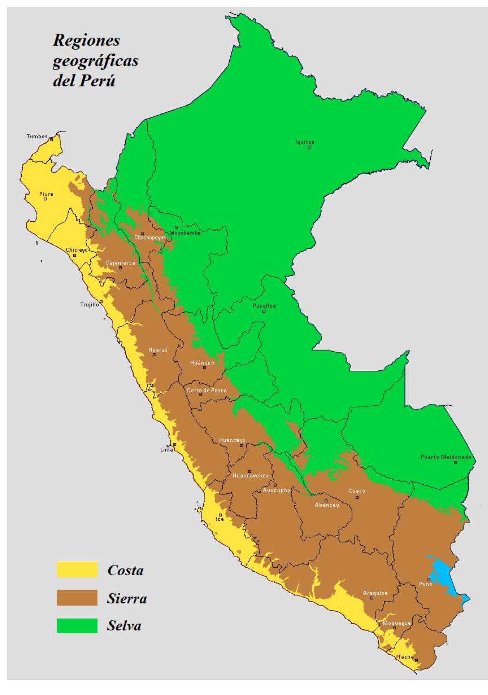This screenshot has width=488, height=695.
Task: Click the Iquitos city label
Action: click(x=304, y=142)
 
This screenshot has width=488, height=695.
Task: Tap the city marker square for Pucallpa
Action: click(x=264, y=311)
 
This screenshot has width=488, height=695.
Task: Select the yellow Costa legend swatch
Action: click(x=77, y=569)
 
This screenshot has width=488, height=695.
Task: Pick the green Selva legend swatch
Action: click(x=77, y=625)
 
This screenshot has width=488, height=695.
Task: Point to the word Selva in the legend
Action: click(x=124, y=625)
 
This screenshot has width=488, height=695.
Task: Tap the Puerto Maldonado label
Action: click(x=446, y=457)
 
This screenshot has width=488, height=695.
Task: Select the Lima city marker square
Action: click(x=175, y=444)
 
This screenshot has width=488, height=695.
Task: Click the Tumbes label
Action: click(x=37, y=136)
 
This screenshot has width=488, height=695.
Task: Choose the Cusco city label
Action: click(x=357, y=491)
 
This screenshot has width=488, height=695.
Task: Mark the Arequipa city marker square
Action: click(x=372, y=598)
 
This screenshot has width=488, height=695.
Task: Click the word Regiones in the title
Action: click(x=86, y=41)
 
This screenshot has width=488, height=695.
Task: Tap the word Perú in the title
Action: click(x=99, y=81)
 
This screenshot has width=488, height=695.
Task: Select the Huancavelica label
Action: click(x=250, y=476)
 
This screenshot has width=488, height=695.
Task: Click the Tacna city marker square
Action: click(x=417, y=660)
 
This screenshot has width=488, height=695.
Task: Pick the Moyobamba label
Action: click(x=185, y=233)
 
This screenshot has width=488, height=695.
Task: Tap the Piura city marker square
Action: click(x=45, y=199)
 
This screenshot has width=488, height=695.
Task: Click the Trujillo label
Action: click(x=90, y=304)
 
